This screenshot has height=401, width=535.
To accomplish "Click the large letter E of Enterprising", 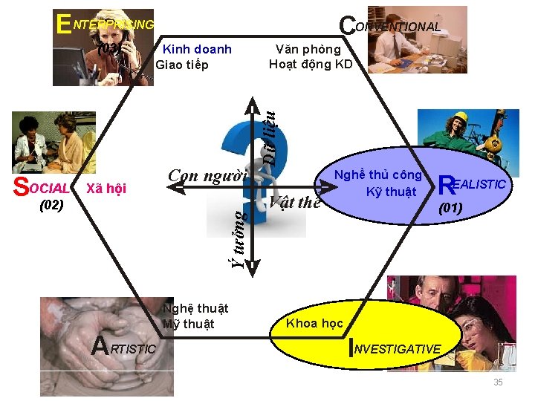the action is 64,24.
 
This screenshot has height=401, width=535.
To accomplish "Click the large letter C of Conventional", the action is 346,25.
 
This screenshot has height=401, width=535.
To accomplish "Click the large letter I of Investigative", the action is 351,348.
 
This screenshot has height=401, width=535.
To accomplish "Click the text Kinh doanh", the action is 197,50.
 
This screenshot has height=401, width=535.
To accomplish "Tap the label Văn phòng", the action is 308,50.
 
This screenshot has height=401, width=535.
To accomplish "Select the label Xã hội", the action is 107,188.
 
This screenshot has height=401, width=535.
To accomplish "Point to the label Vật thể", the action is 295,203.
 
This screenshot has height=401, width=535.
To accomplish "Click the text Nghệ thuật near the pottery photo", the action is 195,308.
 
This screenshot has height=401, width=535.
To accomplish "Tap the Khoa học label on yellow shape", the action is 315,323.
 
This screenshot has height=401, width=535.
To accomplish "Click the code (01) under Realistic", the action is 451,208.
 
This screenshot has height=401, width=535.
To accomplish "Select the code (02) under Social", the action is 51,203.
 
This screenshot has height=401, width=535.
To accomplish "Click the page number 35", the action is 498,382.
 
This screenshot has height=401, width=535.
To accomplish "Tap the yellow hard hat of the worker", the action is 461,118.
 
